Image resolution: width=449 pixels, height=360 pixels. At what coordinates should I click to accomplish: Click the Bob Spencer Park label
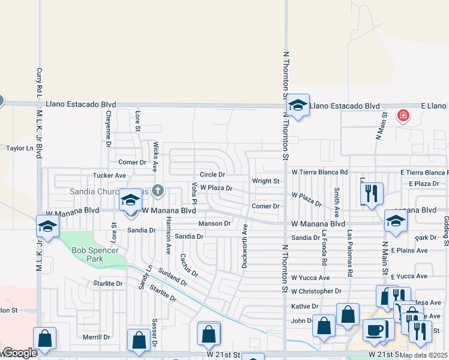92,255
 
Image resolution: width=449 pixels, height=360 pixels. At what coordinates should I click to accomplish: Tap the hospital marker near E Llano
403,115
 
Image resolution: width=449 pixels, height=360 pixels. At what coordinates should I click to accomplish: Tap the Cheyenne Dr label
109,129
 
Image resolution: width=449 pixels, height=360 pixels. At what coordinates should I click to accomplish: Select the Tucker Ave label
109,175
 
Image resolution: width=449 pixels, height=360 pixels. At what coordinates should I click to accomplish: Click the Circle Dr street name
212,175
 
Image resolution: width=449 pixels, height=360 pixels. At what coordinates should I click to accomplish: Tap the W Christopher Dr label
316,291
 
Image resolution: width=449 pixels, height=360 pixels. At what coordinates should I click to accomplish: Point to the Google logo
20,353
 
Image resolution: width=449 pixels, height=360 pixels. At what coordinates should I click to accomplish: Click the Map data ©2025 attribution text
423,355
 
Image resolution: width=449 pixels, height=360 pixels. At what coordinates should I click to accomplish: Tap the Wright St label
265,181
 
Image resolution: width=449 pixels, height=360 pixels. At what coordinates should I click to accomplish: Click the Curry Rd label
39,80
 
